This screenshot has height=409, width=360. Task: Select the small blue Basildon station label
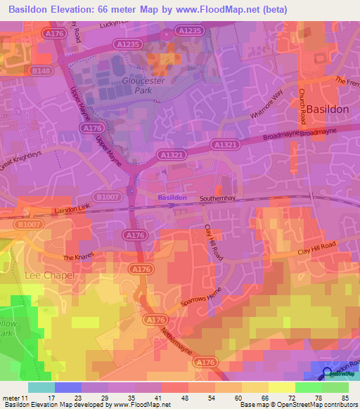click(172, 197)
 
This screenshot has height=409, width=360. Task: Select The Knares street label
click(77, 258)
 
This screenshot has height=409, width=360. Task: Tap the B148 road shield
click(41, 71)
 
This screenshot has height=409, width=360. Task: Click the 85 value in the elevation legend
click(344, 397)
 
